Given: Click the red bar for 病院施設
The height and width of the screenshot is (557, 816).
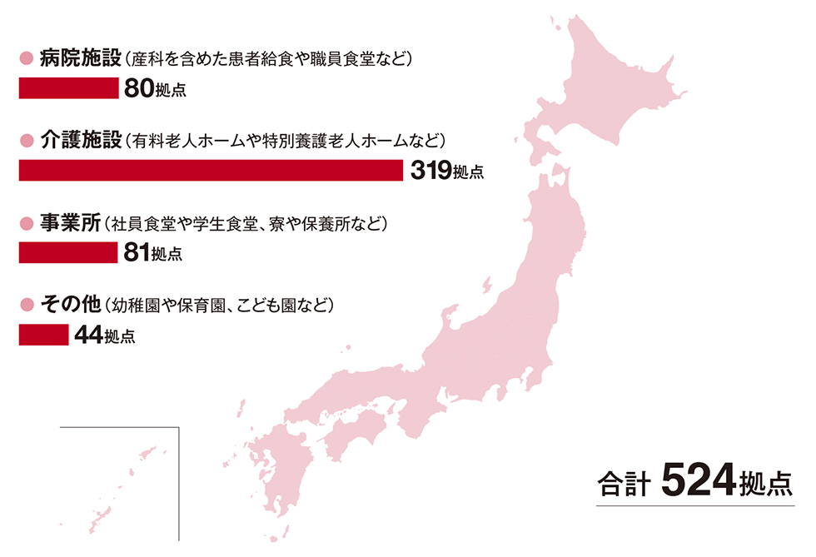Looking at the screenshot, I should click(68, 88).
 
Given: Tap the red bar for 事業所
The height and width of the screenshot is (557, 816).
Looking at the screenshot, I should click(68, 252).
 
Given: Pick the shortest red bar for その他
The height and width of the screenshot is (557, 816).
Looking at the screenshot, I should click(43, 334).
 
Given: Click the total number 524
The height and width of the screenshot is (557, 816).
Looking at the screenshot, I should click(699, 480).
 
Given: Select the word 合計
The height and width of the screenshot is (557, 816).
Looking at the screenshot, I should click(624, 485).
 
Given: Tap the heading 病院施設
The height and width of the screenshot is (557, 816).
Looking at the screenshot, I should click(80, 59).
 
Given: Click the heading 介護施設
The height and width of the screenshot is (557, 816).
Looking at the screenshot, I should click(80, 141).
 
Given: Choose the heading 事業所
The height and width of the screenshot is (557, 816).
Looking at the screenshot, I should click(70, 223).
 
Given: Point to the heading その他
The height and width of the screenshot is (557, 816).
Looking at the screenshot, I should click(70, 305).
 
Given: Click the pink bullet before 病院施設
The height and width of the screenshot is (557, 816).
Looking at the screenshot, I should click(25, 59).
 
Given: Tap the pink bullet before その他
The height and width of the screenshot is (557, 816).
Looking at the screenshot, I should click(25, 305).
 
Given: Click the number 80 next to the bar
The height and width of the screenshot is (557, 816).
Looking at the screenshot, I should click(138, 88).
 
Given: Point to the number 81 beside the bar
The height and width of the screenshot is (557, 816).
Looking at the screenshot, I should click(137, 253).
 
